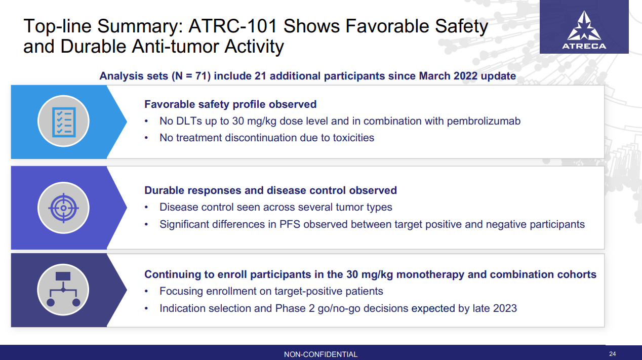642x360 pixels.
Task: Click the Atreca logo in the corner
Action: coord(584,31)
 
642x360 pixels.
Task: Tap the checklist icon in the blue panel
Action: coord(63,122)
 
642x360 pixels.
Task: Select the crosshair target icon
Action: coord(63,208)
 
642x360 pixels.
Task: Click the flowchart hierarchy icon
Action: coord(63,290)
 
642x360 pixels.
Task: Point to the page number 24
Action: coord(613,354)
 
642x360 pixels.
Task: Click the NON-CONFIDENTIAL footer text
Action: coord(320,354)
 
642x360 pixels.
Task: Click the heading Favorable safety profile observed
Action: coord(230,104)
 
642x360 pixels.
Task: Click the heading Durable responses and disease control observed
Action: coord(270,190)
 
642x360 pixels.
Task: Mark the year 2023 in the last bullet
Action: coord(504,308)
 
